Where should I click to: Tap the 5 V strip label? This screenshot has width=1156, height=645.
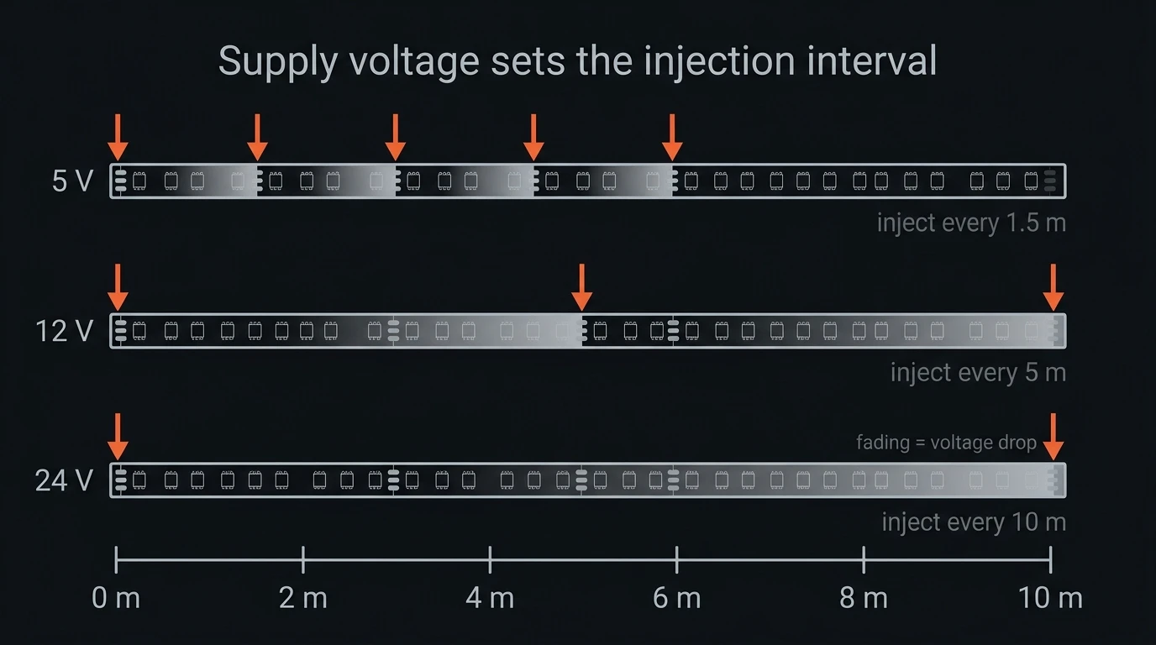point(73,181)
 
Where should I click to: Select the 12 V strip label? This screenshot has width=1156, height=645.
point(65,331)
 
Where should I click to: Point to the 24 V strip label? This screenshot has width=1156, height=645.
point(65,480)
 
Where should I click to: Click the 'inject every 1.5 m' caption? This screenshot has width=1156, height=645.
point(971,223)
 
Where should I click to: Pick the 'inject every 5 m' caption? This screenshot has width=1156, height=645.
point(978,373)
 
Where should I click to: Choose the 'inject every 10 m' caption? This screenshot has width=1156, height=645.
point(974,522)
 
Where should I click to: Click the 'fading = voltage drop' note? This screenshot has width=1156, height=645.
point(946,443)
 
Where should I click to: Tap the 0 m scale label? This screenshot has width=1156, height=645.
point(116,598)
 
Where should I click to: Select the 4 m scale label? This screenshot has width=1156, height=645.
point(490,598)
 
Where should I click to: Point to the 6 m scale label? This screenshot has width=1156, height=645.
point(676,598)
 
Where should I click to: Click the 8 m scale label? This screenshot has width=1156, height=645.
point(864,598)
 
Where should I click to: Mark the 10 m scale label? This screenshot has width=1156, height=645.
point(1050,598)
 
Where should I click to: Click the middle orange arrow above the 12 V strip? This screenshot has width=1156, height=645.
point(581,287)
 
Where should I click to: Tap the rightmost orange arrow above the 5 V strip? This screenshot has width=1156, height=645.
point(672,138)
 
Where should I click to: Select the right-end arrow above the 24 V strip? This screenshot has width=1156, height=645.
point(1054,437)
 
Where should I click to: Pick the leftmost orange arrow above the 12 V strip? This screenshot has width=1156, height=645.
point(118,287)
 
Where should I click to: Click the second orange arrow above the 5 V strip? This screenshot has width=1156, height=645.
point(257,138)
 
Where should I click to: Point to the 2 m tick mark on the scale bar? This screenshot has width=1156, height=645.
point(303,560)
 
